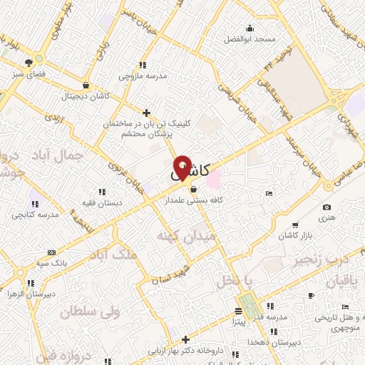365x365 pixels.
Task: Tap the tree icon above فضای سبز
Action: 29,62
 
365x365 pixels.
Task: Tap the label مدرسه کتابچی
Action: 36,215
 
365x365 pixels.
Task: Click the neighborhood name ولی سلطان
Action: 90,312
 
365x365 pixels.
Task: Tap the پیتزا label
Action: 238,322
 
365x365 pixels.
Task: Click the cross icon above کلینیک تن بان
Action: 146,113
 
